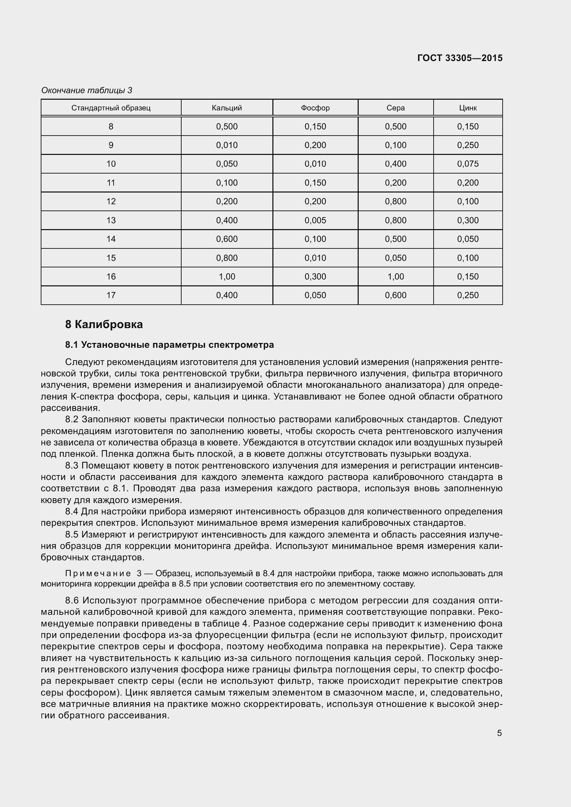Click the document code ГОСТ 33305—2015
click(x=460, y=58)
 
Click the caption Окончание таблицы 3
click(x=87, y=90)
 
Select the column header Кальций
click(x=227, y=108)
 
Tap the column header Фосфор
click(x=315, y=108)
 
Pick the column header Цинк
click(x=468, y=108)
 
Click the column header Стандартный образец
click(x=111, y=108)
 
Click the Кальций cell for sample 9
click(x=227, y=145)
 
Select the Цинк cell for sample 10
click(x=468, y=164)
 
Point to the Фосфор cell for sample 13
click(x=315, y=220)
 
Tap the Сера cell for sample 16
click(x=396, y=277)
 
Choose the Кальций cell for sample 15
click(x=227, y=258)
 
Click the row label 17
click(x=111, y=295)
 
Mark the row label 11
click(x=111, y=183)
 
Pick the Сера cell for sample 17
click(x=396, y=295)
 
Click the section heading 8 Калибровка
click(x=104, y=324)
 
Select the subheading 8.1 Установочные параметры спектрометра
click(x=170, y=345)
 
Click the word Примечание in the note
click(x=98, y=574)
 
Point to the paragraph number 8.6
click(x=72, y=601)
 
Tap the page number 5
click(x=499, y=733)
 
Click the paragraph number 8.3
click(x=72, y=466)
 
